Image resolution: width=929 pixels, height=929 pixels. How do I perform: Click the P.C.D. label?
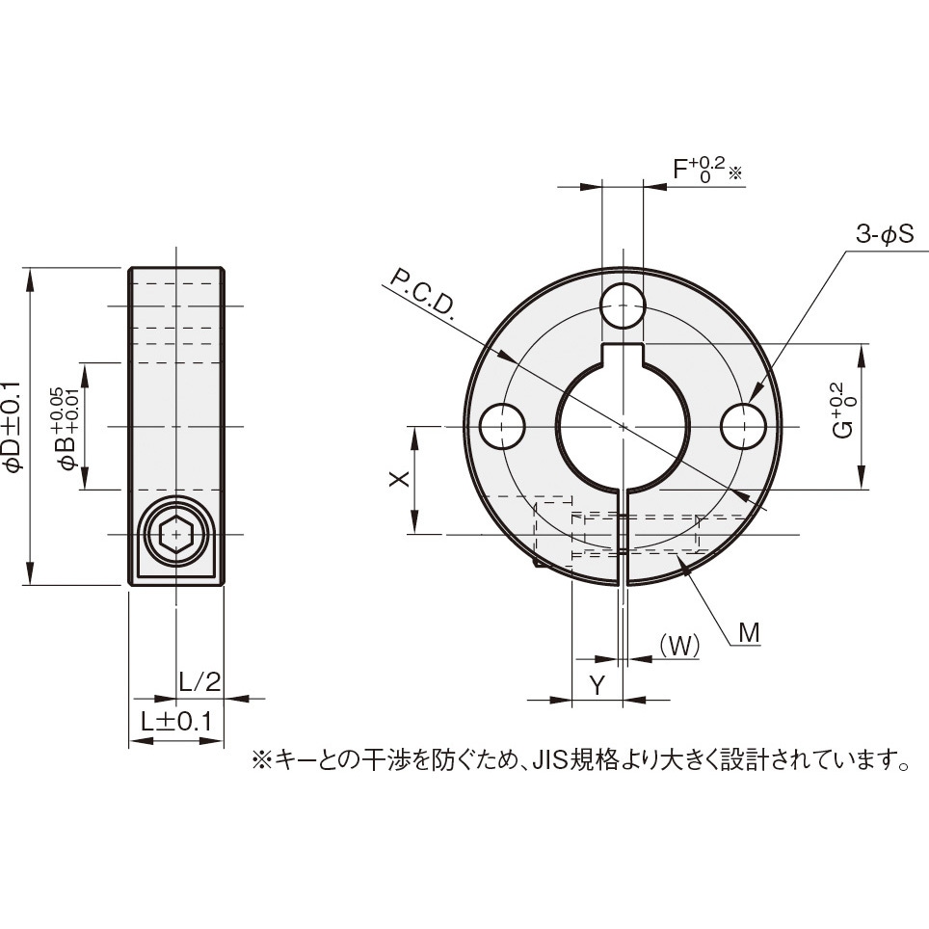(422, 292)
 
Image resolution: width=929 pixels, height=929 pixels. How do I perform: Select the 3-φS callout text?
(884, 234)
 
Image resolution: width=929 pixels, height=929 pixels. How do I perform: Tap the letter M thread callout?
(749, 632)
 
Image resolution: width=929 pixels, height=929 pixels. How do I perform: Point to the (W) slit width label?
(679, 645)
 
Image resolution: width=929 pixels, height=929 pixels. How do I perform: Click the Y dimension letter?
(597, 685)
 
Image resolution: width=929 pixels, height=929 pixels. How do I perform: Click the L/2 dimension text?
(200, 681)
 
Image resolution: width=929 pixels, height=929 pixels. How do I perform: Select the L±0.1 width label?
(176, 721)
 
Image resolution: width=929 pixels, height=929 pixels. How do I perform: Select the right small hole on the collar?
(744, 426)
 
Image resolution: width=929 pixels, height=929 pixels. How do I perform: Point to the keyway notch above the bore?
(623, 353)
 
